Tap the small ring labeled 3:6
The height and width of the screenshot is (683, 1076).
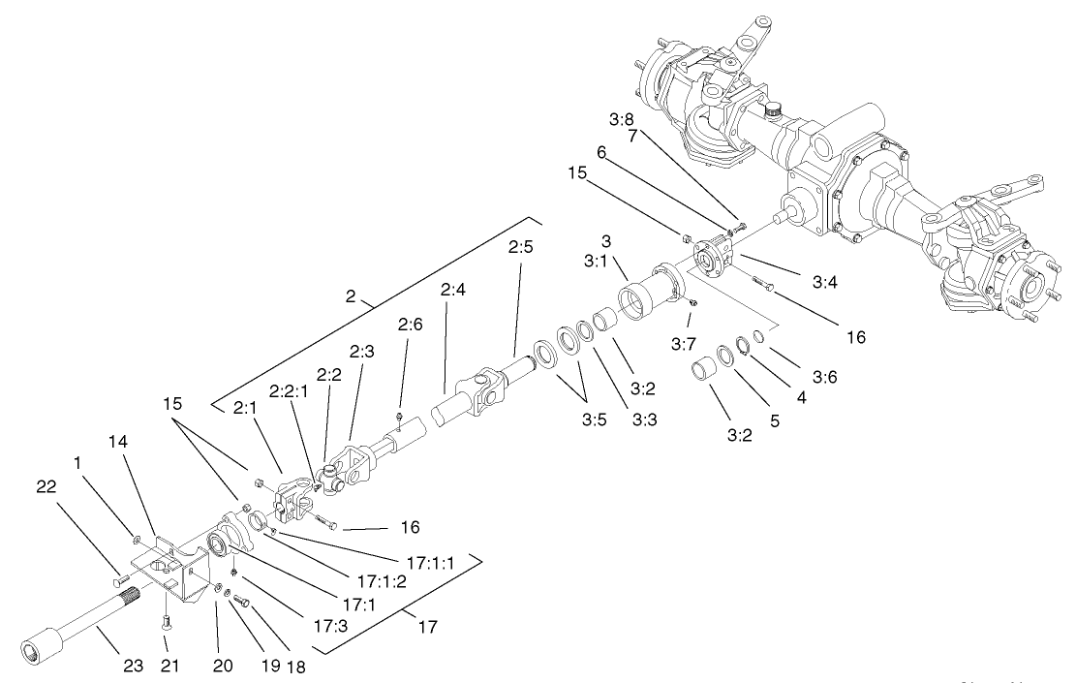[x=757, y=337]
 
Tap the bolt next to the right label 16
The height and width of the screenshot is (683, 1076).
[x=762, y=283]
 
